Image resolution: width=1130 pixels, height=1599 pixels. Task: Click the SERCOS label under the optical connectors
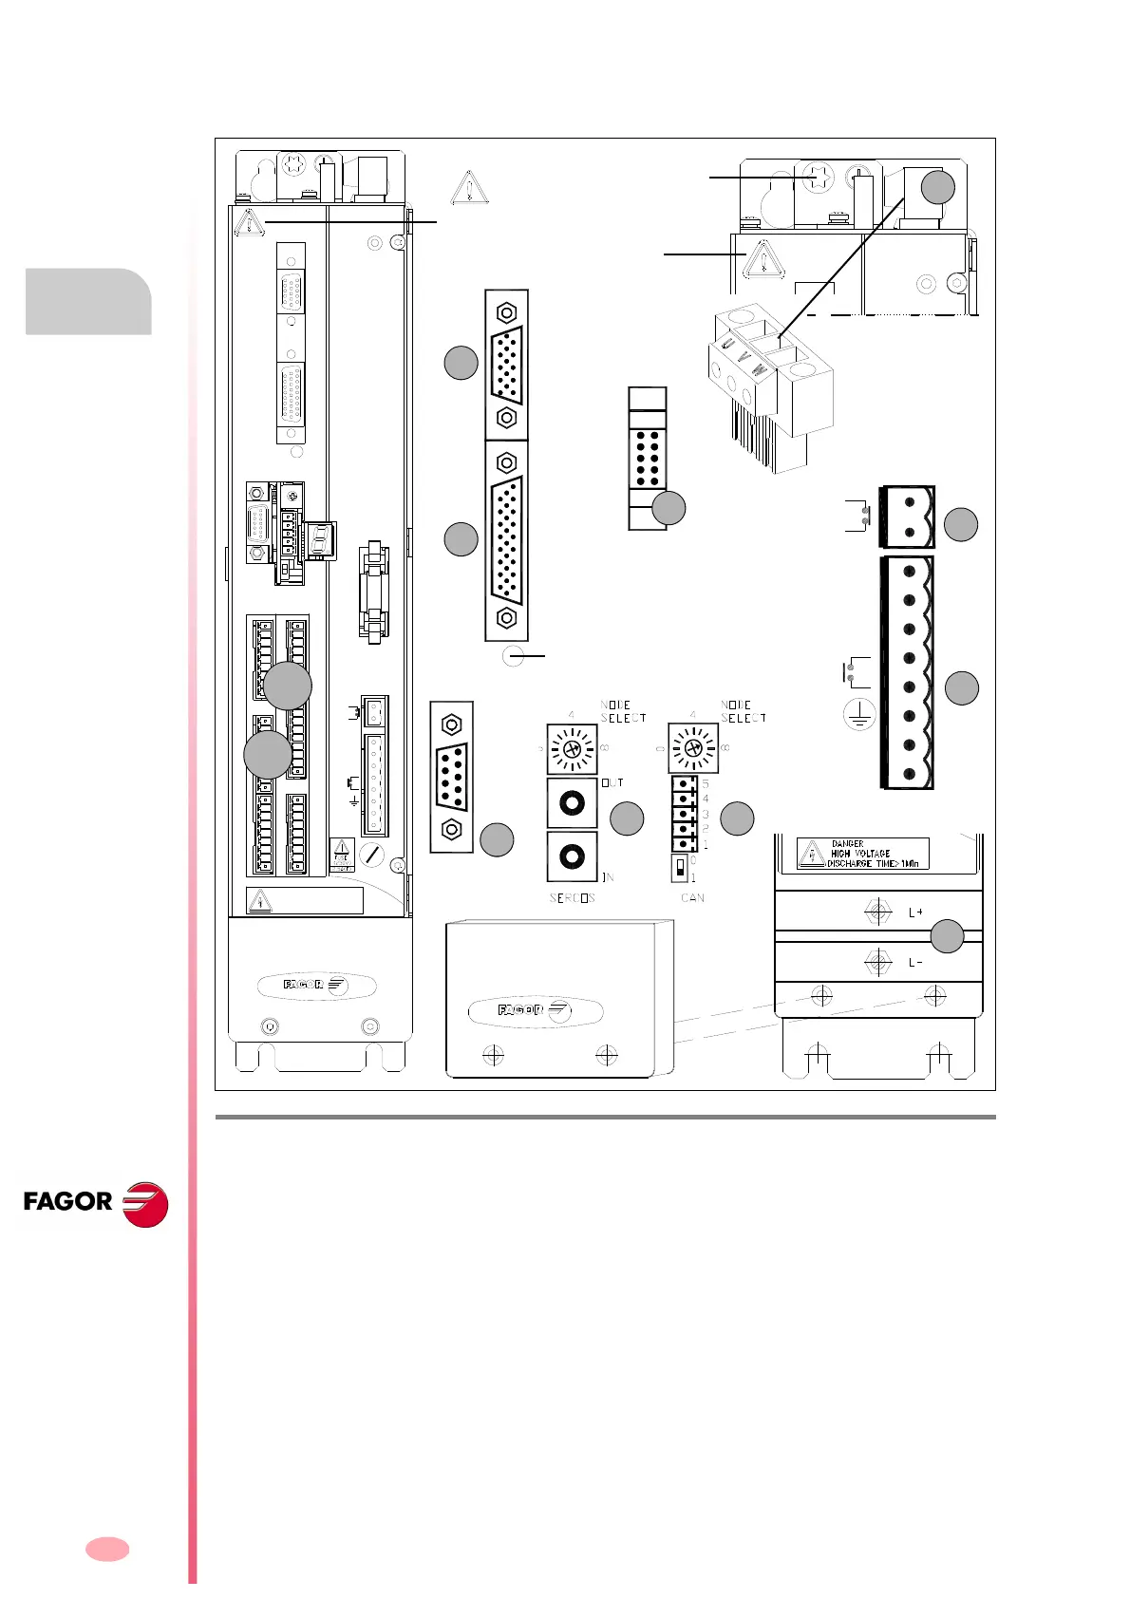pos(572,897)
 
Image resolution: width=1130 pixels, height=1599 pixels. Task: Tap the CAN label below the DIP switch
pos(693,897)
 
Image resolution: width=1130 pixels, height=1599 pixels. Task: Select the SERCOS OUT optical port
pos(572,803)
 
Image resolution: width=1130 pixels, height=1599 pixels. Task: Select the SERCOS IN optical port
pos(572,856)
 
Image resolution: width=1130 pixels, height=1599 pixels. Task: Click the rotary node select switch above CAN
pos(693,748)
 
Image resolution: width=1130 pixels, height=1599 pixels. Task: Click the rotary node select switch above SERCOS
pos(572,748)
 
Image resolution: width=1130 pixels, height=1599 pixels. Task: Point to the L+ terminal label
pos(915,912)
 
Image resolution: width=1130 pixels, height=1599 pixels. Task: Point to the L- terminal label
pos(915,962)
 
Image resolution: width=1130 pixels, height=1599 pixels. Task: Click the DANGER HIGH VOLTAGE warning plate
pos(862,854)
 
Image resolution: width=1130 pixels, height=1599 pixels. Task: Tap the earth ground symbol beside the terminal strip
pos(859,715)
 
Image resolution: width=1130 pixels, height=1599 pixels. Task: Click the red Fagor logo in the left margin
pos(95,1203)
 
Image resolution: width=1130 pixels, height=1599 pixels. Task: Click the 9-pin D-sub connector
pos(452,777)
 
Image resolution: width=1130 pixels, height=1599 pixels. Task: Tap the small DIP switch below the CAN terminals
pos(679,867)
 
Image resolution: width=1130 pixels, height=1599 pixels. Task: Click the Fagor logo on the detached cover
pos(536,1010)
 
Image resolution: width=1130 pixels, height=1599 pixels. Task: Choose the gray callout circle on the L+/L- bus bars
pos(947,936)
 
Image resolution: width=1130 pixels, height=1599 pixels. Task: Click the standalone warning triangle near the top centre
pos(469,187)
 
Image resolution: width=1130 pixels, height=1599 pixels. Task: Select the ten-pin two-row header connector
pos(648,459)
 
